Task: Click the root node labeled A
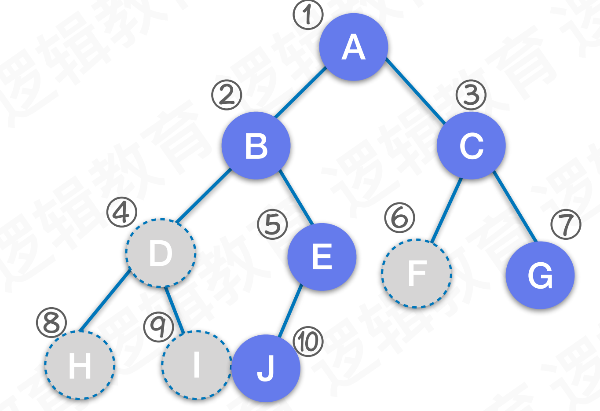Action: [x=353, y=47]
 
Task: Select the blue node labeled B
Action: [x=256, y=146]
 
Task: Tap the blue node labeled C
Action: [x=471, y=146]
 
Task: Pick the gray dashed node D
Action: [x=161, y=253]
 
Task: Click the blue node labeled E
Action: [x=322, y=257]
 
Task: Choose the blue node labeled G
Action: [x=540, y=275]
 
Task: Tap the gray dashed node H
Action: [x=80, y=365]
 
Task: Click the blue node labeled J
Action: [x=266, y=368]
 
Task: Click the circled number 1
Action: [x=308, y=15]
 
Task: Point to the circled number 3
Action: [x=471, y=95]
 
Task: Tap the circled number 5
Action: [x=273, y=224]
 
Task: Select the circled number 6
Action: [x=399, y=218]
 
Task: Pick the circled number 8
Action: [x=51, y=323]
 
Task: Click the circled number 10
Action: [x=308, y=341]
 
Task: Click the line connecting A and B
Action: [x=300, y=92]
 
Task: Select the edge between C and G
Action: [x=515, y=206]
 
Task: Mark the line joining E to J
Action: [x=291, y=311]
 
